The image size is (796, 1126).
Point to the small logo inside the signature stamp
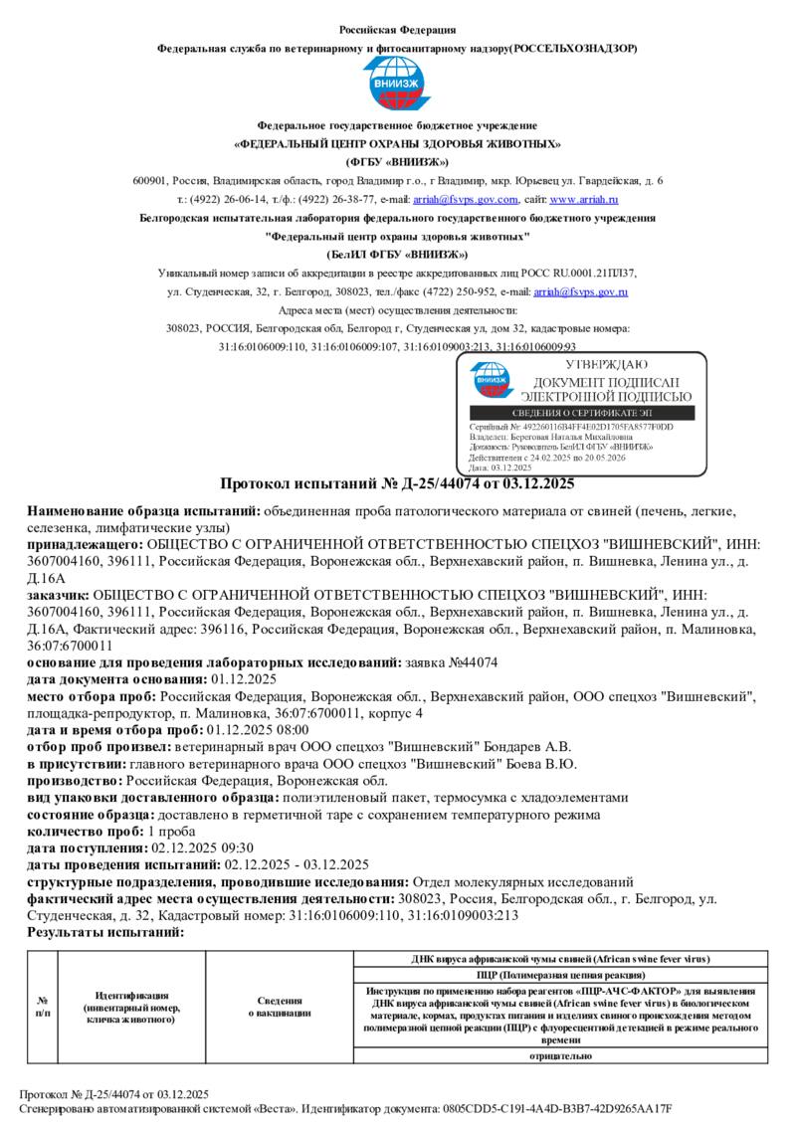[491, 381]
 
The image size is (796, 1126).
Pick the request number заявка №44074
[453, 661]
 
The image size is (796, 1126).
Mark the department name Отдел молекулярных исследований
[523, 881]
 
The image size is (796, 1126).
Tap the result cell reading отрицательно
[561, 1055]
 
